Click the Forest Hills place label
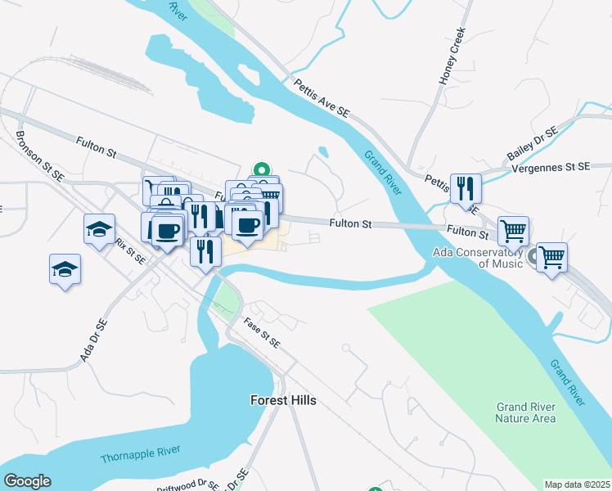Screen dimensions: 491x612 coord(282,401)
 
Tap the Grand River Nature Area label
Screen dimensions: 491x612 coord(525,412)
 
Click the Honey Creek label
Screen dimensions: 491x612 coord(452,56)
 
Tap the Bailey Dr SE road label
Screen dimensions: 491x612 coord(532,144)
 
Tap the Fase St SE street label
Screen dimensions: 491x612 coord(263,331)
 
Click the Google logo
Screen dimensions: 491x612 coord(27,481)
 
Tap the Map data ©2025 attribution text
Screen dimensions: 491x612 coord(577,484)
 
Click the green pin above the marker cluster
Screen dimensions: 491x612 coord(262,171)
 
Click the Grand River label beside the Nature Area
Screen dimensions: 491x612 coord(567,381)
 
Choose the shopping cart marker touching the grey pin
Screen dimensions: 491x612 coord(552,258)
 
